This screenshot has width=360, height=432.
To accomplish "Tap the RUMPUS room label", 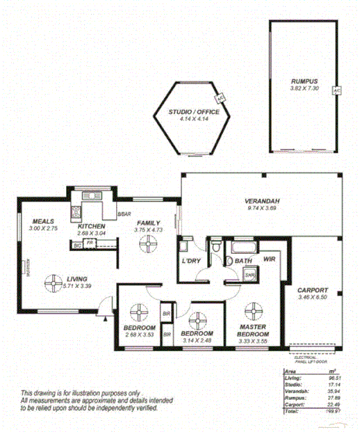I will click(304, 82).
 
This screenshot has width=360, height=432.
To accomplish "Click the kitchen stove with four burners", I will click(76, 210).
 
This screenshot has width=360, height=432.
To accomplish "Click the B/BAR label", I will click(124, 214).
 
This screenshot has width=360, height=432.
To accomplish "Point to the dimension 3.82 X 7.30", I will click(304, 89).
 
